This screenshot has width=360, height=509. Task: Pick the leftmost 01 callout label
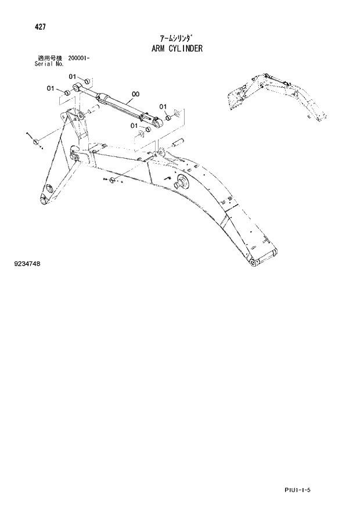point(51,89)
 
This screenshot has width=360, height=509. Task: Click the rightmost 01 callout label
point(162,106)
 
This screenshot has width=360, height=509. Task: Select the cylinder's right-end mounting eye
point(156,121)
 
